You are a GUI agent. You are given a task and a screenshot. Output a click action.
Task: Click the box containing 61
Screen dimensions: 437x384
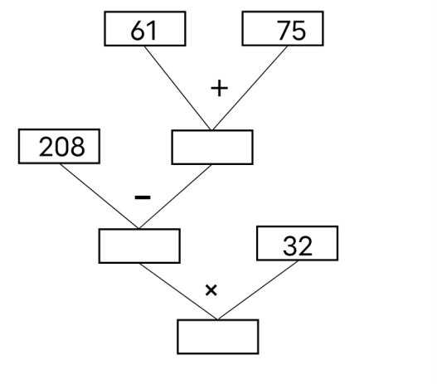[145, 28]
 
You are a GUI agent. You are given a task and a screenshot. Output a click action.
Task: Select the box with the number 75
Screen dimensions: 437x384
[283, 28]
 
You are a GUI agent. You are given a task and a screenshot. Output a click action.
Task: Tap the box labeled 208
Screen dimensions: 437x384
[59, 146]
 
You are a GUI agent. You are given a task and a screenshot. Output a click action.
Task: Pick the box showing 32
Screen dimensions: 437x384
[298, 244]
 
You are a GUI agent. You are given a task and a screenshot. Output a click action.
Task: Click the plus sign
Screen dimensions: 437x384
[220, 88]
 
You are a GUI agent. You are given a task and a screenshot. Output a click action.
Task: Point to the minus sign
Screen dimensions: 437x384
[143, 197]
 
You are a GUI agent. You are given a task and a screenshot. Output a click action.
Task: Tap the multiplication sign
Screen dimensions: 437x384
[211, 290]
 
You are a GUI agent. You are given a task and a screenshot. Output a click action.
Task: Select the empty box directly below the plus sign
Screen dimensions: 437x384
[212, 147]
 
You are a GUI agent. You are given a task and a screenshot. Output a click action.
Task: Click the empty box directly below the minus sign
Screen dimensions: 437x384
[139, 245]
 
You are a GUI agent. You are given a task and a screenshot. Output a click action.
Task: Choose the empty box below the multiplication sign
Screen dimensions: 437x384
[218, 337]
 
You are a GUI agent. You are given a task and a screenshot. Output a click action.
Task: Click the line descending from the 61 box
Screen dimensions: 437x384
[177, 88]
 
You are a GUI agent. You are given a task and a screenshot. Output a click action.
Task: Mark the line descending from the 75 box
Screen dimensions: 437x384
[250, 88]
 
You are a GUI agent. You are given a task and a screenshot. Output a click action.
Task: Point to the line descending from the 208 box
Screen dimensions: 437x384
[100, 197]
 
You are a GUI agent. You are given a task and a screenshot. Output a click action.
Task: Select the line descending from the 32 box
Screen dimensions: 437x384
[258, 290]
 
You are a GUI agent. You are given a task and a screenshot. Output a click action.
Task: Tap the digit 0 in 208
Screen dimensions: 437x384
[62, 147]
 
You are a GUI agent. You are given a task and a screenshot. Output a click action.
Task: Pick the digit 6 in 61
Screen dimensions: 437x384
[138, 31]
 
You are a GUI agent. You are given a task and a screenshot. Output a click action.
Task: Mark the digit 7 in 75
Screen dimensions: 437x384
[284, 31]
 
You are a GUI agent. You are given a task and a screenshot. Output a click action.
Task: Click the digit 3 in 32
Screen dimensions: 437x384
[290, 245]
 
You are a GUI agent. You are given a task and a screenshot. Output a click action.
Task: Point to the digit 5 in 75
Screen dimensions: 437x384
[299, 31]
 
